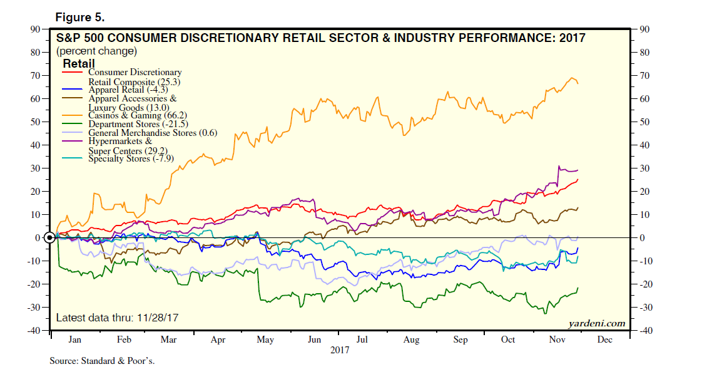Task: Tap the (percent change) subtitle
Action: pos(96,51)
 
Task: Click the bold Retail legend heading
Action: pos(79,64)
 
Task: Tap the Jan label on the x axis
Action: pos(74,340)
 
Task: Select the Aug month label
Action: pos(411,340)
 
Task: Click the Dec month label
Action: pos(605,340)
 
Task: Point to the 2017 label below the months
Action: pos(340,351)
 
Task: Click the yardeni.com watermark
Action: pos(596,323)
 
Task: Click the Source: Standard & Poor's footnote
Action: pos(102,361)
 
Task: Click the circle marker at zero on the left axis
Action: pos(50,238)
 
